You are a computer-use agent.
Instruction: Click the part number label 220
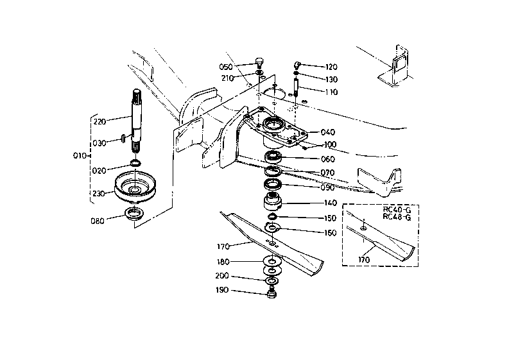pyautogui.click(x=99, y=122)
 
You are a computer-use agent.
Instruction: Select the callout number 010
pyautogui.click(x=80, y=156)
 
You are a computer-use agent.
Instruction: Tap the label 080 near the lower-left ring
pyautogui.click(x=98, y=221)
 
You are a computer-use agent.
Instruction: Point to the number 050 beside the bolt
pyautogui.click(x=226, y=67)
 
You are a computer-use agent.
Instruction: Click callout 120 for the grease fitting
pyautogui.click(x=331, y=67)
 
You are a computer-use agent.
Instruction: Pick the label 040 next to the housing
pyautogui.click(x=327, y=132)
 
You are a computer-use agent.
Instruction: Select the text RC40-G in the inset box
pyautogui.click(x=397, y=210)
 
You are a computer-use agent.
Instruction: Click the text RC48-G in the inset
pyautogui.click(x=397, y=217)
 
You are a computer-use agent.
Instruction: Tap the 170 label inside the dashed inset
pyautogui.click(x=364, y=260)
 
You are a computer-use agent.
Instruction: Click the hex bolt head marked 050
pyautogui.click(x=259, y=62)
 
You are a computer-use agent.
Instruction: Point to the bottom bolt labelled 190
pyautogui.click(x=272, y=294)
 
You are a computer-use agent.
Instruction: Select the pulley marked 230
pyautogui.click(x=135, y=187)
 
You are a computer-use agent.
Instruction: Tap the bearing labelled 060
pyautogui.click(x=273, y=157)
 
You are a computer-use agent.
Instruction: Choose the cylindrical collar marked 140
pyautogui.click(x=272, y=202)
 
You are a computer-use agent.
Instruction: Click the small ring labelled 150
pyautogui.click(x=272, y=216)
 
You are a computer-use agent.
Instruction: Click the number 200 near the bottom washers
pyautogui.click(x=222, y=276)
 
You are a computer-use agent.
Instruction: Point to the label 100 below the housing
pyautogui.click(x=330, y=144)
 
